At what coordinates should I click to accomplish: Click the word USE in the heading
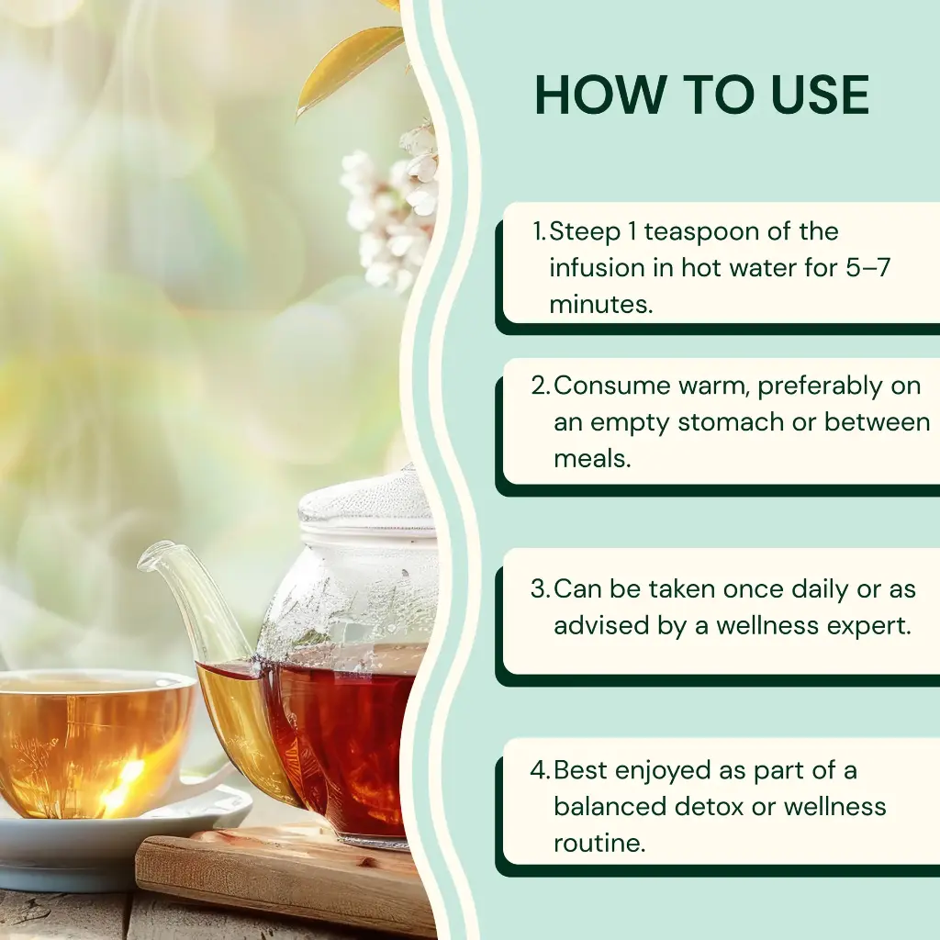point(820,95)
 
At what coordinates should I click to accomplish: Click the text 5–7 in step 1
point(868,267)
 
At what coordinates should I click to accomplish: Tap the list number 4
point(539,771)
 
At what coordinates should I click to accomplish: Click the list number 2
point(540,386)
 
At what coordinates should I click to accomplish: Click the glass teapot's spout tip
point(145,554)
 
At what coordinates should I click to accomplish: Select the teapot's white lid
point(366,507)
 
